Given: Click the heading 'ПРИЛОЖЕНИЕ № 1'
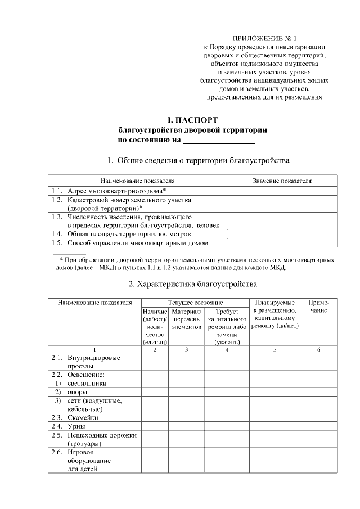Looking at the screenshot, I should (264, 37).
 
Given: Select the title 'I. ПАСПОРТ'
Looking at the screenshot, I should (192, 120).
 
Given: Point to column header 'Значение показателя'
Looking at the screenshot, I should (282, 181).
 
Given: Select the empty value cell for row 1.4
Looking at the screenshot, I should (282, 233).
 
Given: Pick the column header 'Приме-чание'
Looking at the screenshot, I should (318, 307).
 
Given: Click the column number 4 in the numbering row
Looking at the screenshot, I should (227, 349).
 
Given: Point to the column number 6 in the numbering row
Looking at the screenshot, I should (318, 349).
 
